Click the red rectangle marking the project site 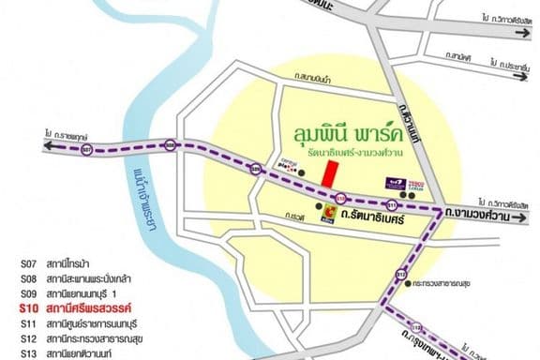pyautogui.click(x=329, y=173)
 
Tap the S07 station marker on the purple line pyautogui.click(x=87, y=149)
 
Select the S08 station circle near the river pyautogui.click(x=170, y=144)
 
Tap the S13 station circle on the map pyautogui.click(x=401, y=276)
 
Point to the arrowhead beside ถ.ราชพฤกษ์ pyautogui.click(x=44, y=135)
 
